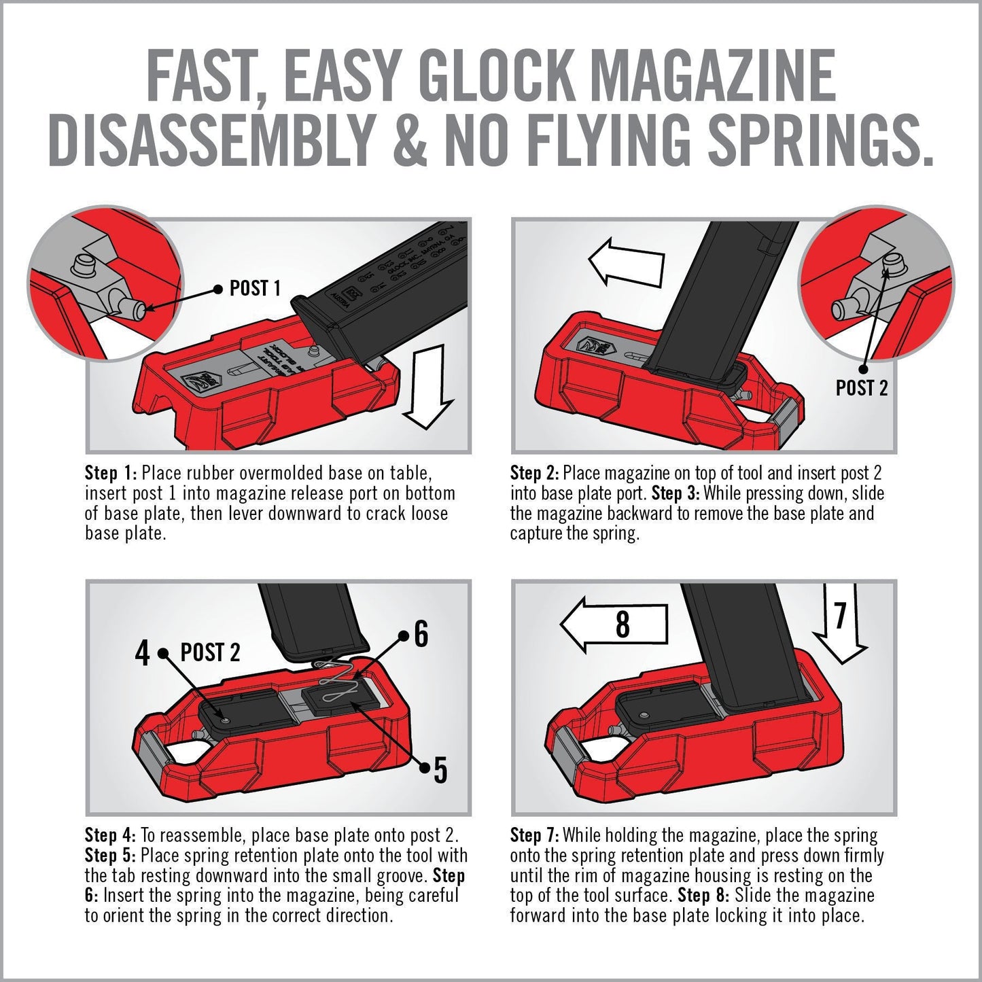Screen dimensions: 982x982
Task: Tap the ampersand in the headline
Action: pos(405,141)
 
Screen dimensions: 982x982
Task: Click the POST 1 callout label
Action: pos(255,288)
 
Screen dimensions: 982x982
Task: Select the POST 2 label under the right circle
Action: pos(861,388)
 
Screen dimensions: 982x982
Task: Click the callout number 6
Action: pos(421,634)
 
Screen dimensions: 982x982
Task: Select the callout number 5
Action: pos(440,770)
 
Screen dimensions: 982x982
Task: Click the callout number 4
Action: pos(142,654)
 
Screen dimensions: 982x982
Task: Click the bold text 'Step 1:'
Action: pos(111,473)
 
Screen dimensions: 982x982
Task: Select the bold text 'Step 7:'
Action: pos(535,835)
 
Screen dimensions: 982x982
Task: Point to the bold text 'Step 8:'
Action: pos(703,896)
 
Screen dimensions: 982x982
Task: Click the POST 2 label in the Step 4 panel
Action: pos(210,653)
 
